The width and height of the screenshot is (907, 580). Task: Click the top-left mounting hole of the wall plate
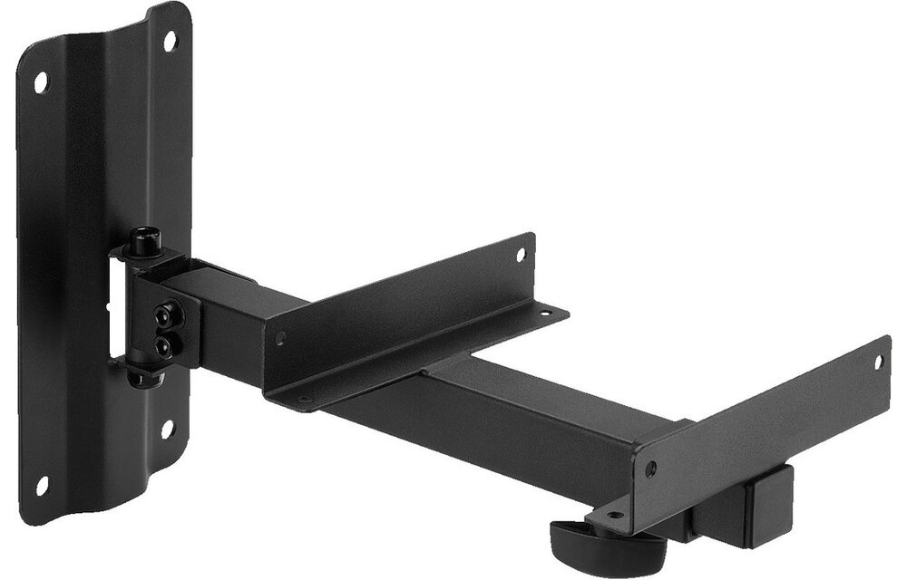[41, 82]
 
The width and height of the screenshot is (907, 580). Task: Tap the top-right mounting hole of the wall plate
[170, 41]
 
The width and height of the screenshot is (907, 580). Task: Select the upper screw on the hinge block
[164, 316]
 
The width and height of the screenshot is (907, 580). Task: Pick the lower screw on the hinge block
[163, 344]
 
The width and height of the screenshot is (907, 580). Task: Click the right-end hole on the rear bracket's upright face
[522, 256]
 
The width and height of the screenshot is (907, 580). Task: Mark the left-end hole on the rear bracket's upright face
[280, 338]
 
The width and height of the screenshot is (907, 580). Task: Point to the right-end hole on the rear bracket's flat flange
[544, 314]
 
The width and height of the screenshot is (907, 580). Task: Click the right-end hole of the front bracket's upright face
[877, 361]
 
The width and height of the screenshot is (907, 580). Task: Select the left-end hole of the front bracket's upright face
[650, 469]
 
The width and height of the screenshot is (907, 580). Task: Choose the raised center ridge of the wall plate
[104, 272]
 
